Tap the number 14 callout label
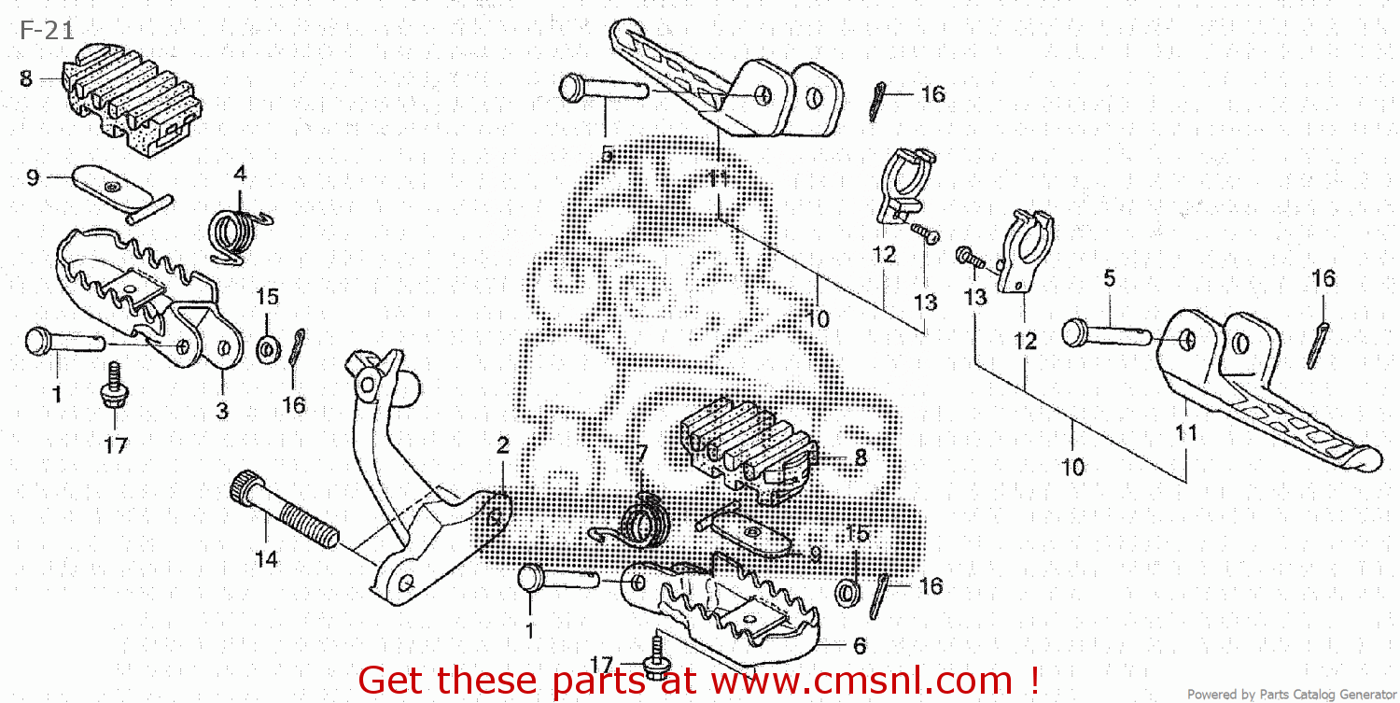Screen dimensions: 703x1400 click(x=266, y=559)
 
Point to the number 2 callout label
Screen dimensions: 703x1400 click(x=503, y=445)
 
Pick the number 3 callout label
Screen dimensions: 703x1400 click(x=222, y=410)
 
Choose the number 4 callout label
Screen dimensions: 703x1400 click(x=240, y=174)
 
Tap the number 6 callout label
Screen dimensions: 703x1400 click(x=859, y=646)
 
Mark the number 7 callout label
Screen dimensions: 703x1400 click(x=641, y=453)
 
